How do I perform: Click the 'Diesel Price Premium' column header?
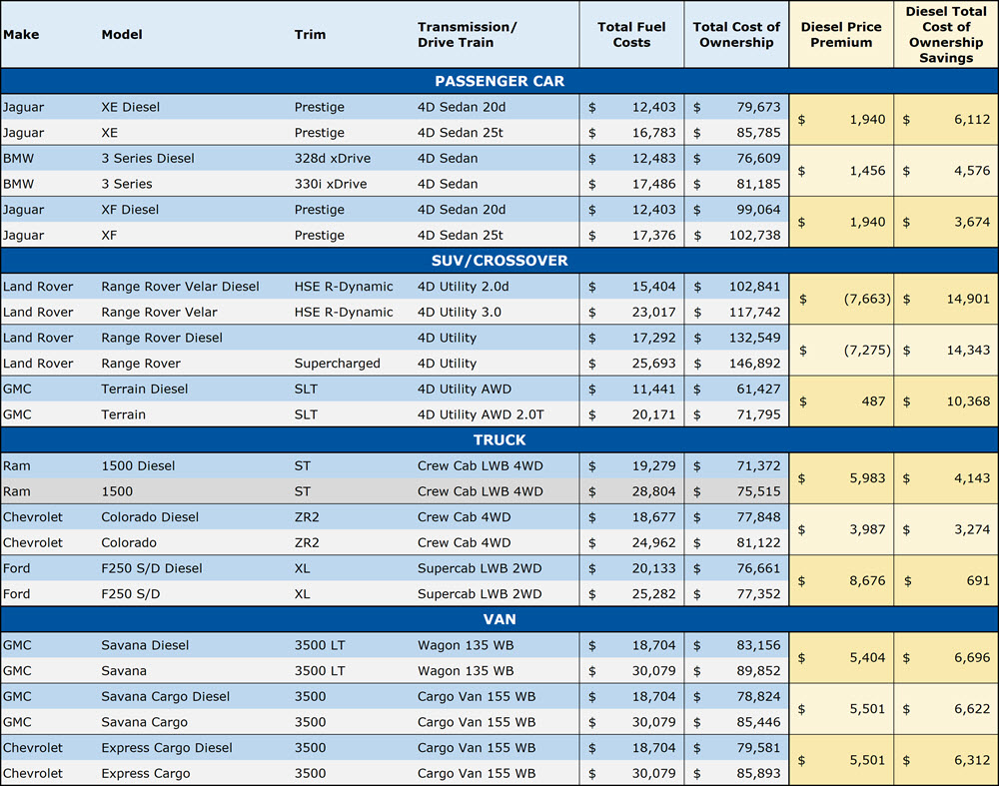841,35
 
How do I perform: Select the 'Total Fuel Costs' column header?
631,35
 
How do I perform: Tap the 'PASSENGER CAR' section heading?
499,81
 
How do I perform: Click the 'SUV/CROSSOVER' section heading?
499,261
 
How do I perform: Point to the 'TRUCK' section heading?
499,439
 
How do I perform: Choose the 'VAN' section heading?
499,619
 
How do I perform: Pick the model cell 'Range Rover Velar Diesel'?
180,287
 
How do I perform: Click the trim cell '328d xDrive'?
330,158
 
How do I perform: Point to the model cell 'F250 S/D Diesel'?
152,568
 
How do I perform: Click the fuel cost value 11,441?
655,389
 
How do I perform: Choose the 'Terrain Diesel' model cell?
144,389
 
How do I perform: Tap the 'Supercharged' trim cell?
337,364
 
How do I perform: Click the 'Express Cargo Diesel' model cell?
167,747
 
